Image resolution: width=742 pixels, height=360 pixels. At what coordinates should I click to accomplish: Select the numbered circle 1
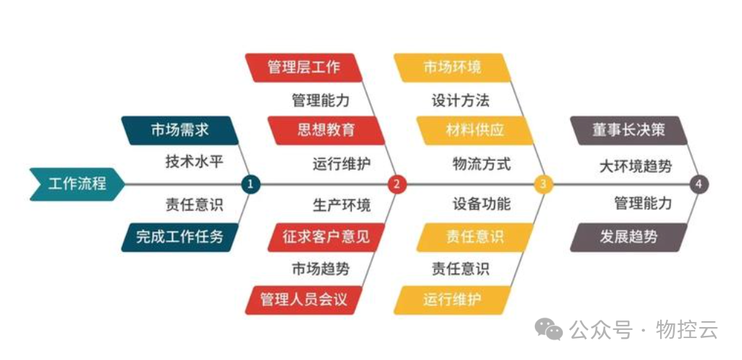[250, 184]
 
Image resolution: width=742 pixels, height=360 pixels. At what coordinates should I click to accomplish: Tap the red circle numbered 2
[396, 184]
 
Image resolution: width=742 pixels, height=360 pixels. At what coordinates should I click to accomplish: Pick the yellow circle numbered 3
[543, 184]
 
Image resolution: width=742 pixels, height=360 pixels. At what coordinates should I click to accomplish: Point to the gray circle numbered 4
[699, 184]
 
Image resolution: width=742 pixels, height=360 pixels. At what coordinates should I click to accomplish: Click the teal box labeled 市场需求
[179, 130]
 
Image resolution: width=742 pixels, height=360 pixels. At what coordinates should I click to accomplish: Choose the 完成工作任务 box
[179, 237]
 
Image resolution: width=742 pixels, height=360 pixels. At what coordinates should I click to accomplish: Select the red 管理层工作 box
[304, 67]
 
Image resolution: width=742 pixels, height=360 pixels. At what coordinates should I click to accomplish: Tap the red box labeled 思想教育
[326, 130]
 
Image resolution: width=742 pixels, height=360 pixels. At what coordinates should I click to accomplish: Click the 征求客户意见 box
[326, 237]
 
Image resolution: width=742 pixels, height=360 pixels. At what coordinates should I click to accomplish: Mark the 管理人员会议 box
[304, 300]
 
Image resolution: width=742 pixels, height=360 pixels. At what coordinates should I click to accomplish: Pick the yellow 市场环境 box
[452, 67]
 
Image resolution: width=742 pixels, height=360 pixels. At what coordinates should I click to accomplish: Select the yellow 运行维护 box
[452, 300]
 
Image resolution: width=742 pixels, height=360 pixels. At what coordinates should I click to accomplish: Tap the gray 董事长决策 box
[628, 130]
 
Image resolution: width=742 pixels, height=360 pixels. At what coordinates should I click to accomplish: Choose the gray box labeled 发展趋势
[628, 237]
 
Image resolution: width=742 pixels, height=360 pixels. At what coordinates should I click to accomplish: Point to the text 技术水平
[194, 162]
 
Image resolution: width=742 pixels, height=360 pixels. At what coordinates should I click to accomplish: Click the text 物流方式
[481, 164]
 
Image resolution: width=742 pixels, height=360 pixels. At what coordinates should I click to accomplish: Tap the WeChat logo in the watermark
[549, 330]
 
